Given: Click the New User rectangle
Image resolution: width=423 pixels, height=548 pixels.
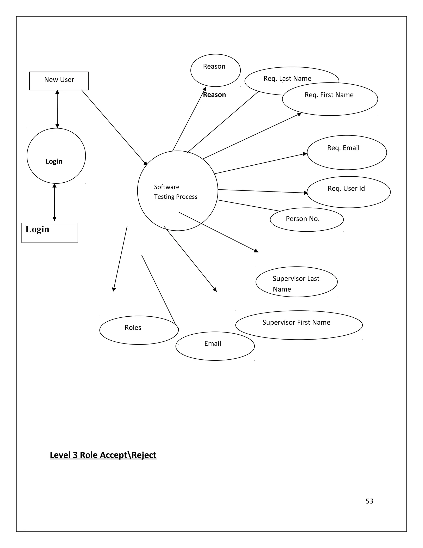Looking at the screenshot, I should point(59,81).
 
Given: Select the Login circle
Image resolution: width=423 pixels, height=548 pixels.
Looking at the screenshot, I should point(56,156).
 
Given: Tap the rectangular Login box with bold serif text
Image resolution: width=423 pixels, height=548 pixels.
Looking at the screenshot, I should point(50,233).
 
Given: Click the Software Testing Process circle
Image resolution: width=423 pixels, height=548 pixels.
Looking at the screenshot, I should point(177,191).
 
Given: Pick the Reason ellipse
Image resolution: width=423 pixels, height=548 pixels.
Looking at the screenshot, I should point(215,70).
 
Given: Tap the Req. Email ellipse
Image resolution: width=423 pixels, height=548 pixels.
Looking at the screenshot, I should point(347,152).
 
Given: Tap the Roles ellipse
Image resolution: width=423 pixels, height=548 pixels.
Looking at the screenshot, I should point(139,330).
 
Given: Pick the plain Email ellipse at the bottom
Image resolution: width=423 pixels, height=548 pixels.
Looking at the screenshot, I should point(215,346).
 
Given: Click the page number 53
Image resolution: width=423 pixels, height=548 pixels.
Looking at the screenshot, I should point(369,501).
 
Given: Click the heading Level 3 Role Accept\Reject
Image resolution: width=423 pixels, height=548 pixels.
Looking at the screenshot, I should point(103,455).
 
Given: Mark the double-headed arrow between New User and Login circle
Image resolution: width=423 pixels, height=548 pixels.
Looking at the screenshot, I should point(57,109).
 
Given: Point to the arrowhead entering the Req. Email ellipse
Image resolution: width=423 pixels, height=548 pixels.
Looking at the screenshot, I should point(305,154).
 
